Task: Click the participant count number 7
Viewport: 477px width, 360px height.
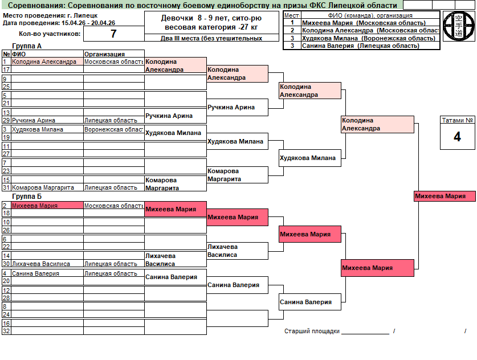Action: click(113, 34)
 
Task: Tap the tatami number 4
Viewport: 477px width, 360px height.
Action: click(457, 137)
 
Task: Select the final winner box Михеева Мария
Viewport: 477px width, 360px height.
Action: click(445, 197)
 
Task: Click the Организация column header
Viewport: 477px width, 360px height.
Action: click(104, 54)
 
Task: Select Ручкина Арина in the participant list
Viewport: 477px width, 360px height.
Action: click(34, 120)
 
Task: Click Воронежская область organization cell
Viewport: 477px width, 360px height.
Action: click(113, 129)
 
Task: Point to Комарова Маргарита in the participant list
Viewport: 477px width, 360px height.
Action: click(43, 187)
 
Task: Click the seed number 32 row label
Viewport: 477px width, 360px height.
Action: click(6, 331)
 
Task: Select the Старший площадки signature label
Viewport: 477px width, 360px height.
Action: click(312, 331)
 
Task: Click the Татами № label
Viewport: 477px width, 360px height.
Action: click(457, 120)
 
